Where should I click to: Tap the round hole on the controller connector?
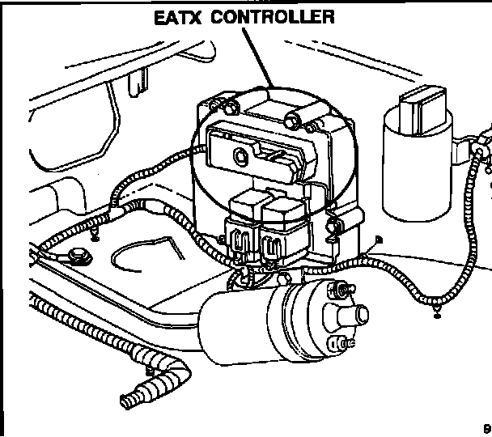pyautogui.click(x=239, y=154)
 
